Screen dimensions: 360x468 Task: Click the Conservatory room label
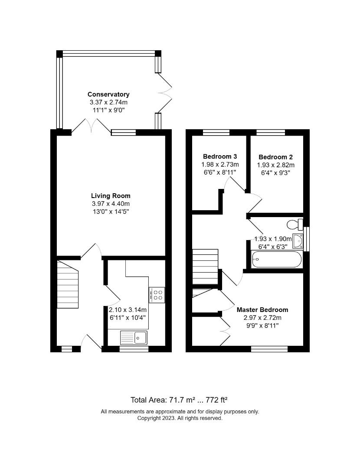(108, 94)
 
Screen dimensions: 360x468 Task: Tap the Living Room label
(111, 196)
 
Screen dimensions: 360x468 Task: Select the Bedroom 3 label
(220, 156)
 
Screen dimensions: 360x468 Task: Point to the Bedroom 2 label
(275, 157)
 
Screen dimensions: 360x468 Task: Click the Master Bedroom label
(262, 310)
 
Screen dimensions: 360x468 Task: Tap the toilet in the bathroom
(295, 224)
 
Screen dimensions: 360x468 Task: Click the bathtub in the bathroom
(277, 260)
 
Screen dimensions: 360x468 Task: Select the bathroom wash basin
(298, 241)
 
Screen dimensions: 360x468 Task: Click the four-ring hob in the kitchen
(157, 295)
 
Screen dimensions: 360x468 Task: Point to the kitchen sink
(134, 338)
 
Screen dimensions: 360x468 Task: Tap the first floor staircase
(205, 267)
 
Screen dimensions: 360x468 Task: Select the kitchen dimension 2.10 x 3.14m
(128, 310)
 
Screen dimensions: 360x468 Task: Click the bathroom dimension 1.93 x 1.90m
(273, 239)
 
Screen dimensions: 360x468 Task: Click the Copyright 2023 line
(180, 418)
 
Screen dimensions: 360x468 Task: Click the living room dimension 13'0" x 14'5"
(111, 211)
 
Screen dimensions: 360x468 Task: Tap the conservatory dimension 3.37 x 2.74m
(109, 102)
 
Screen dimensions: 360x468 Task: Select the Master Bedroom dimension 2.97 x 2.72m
(262, 318)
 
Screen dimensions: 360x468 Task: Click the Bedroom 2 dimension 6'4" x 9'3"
(276, 172)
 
